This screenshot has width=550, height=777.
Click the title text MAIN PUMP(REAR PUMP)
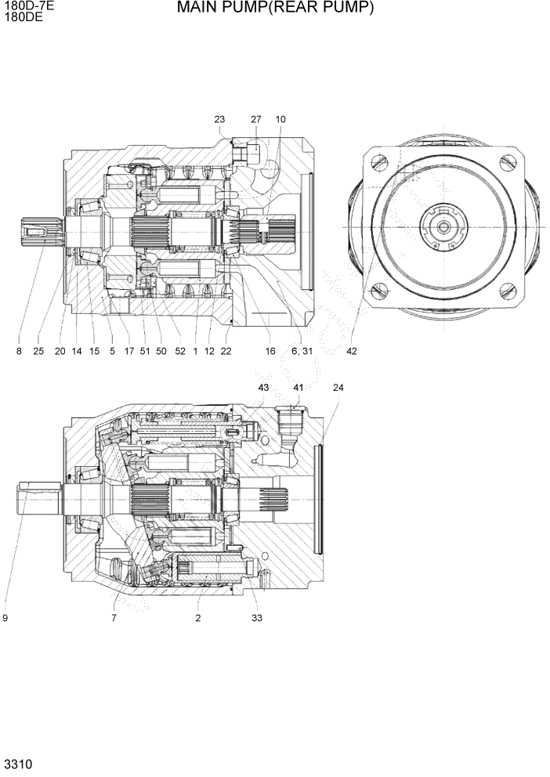275,9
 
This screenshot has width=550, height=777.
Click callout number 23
219,119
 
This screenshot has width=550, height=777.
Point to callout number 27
255,119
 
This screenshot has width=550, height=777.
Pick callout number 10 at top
280,119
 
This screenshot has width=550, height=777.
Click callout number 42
351,351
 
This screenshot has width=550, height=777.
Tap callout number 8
19,351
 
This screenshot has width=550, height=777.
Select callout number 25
38,351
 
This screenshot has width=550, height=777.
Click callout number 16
270,351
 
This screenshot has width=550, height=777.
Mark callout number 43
263,388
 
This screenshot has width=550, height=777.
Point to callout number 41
298,388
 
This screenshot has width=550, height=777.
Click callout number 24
338,388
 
